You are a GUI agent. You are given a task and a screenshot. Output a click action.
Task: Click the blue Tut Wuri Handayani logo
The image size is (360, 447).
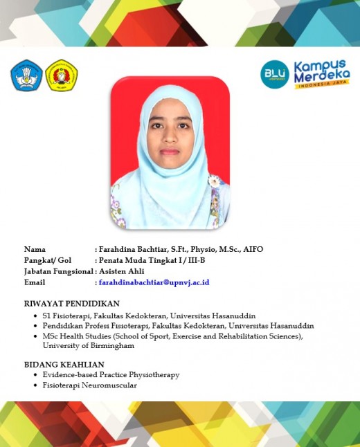26,75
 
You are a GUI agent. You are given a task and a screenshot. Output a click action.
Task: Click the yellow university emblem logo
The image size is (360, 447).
61,75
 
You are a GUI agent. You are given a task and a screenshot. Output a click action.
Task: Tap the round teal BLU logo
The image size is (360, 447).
275,74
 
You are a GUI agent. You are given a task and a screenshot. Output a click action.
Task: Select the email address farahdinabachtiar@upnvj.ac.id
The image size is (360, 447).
154,282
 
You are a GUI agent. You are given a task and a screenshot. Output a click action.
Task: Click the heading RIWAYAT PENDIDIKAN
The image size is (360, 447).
72,303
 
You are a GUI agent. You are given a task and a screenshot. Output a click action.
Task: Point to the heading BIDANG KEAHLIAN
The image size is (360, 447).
64,364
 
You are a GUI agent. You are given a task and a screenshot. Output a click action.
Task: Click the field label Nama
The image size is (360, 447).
35,249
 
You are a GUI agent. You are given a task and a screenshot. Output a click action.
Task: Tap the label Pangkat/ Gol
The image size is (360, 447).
48,260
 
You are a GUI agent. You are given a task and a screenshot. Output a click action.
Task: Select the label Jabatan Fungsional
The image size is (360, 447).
58,271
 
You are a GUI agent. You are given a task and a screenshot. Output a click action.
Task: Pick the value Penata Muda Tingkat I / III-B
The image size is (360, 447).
152,260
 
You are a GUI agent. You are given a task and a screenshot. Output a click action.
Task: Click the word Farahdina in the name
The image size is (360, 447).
118,249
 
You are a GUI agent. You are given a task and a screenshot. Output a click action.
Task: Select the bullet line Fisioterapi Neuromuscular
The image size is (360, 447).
89,385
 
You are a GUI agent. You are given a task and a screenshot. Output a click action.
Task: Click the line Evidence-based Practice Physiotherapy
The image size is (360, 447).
111,374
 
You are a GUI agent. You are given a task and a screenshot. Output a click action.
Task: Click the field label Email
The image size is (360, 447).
35,282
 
